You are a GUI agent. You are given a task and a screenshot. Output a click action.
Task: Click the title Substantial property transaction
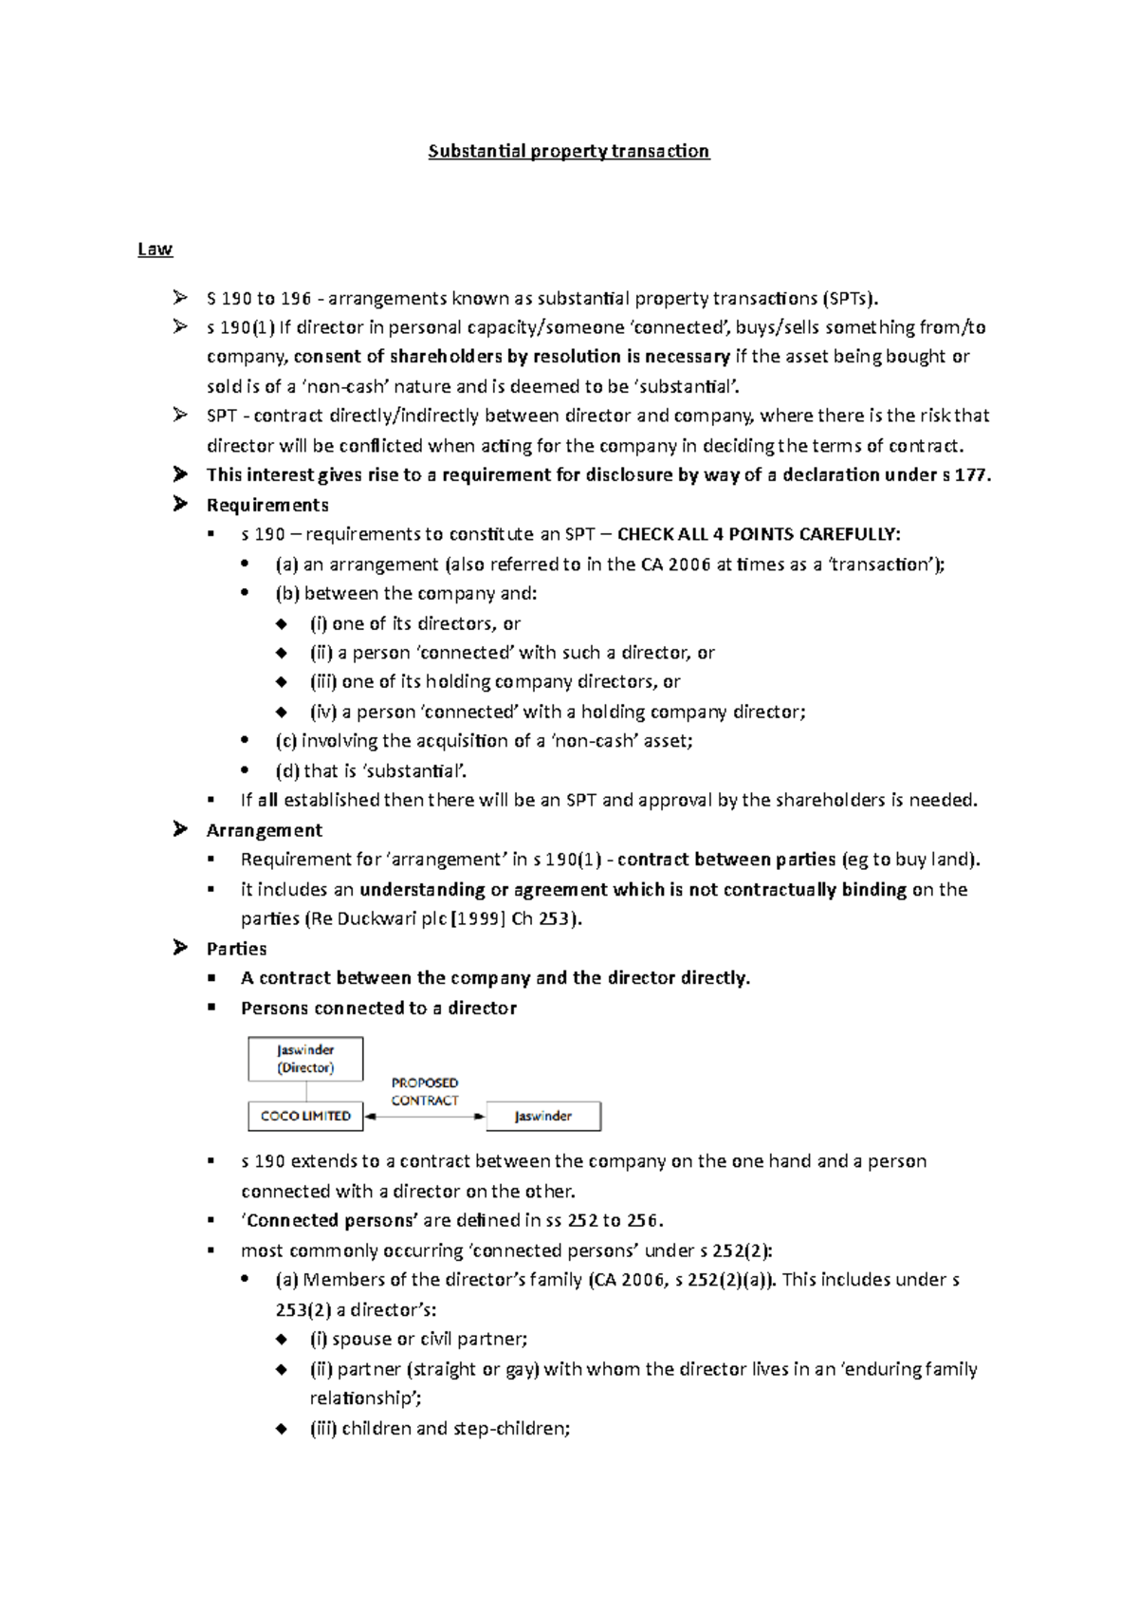(568, 151)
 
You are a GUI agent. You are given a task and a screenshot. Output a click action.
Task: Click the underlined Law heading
(155, 249)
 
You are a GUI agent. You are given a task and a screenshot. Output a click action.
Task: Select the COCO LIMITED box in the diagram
(305, 1116)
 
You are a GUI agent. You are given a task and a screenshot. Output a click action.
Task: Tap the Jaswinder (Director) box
(305, 1059)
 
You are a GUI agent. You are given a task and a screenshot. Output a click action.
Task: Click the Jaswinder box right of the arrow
(543, 1116)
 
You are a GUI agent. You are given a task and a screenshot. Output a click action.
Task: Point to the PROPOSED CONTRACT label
(425, 1092)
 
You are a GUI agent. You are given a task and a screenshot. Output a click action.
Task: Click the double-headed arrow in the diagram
(425, 1117)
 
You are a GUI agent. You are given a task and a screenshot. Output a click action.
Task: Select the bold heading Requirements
(267, 505)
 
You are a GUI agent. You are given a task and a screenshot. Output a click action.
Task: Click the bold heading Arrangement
(264, 830)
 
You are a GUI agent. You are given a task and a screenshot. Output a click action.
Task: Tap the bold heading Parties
(236, 949)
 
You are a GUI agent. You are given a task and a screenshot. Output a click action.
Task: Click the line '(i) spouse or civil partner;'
(418, 1339)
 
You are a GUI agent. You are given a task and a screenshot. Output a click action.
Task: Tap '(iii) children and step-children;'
(439, 1428)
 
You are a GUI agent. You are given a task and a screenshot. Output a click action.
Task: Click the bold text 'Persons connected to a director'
(378, 1008)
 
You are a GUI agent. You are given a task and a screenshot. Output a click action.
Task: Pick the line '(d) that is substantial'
(371, 770)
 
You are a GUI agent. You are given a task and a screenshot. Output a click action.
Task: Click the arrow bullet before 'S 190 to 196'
(180, 298)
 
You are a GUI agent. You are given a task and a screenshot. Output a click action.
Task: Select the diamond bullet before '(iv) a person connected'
(281, 712)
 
